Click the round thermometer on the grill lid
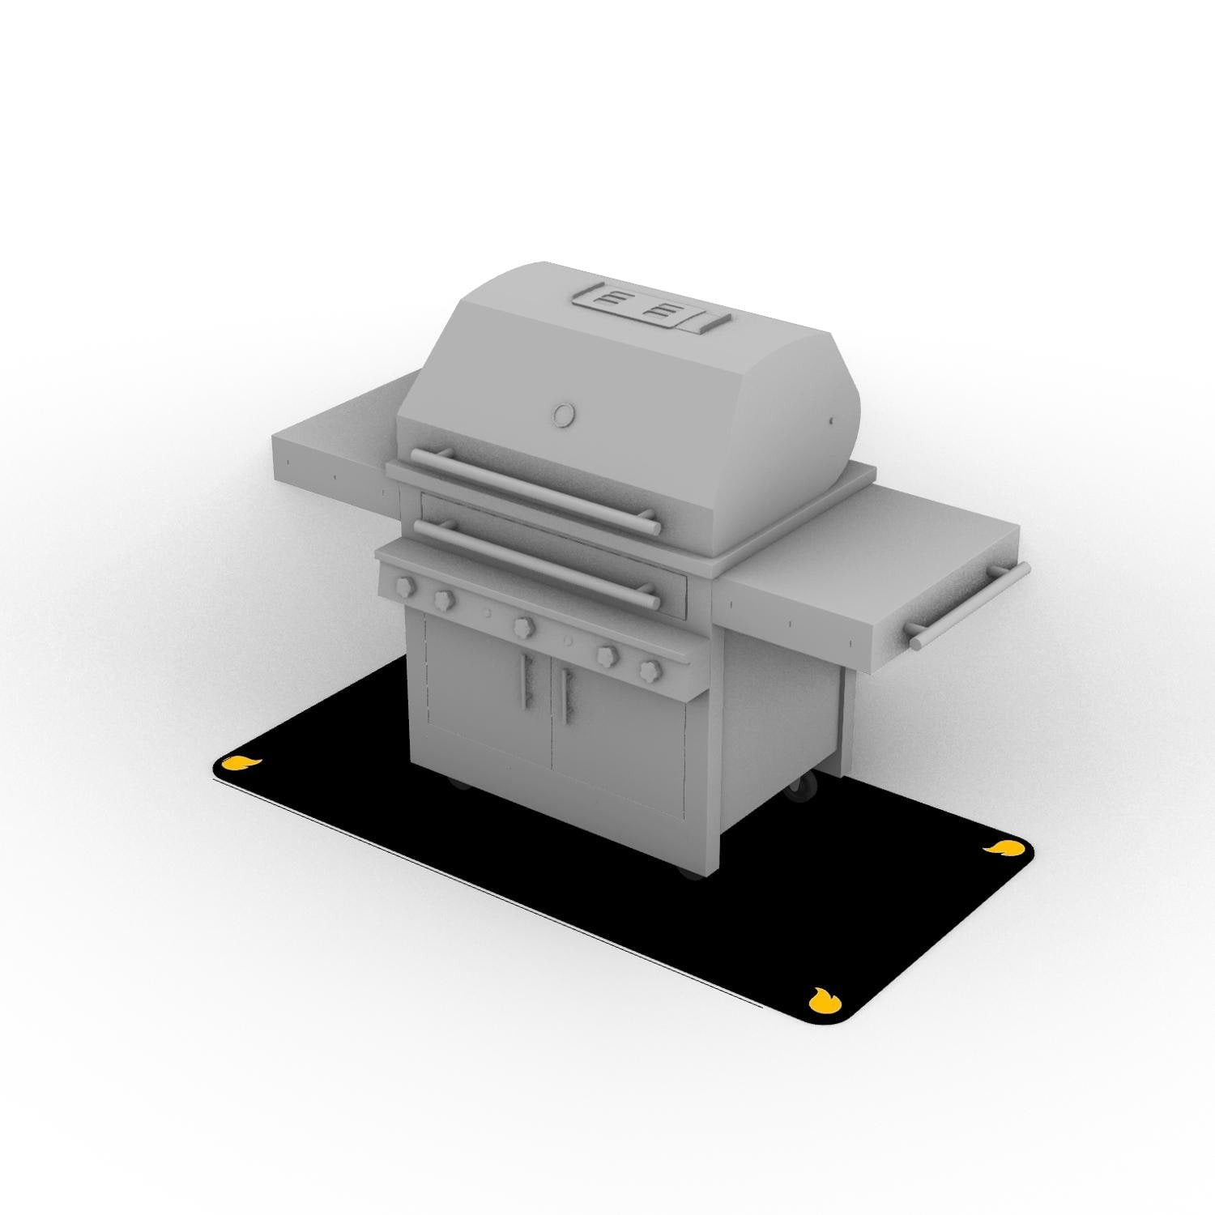[562, 414]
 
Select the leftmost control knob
[403, 585]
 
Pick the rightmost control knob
[650, 670]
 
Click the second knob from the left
[443, 599]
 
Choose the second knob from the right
[606, 654]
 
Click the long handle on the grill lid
[535, 491]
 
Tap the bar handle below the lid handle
[535, 563]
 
